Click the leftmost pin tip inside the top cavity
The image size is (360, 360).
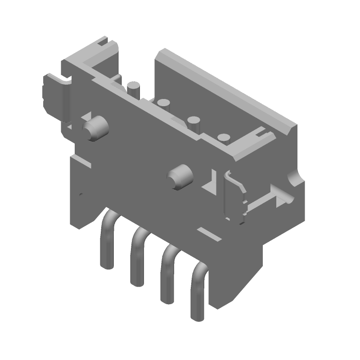point(133,87)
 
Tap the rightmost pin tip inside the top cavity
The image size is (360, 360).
point(224,139)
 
